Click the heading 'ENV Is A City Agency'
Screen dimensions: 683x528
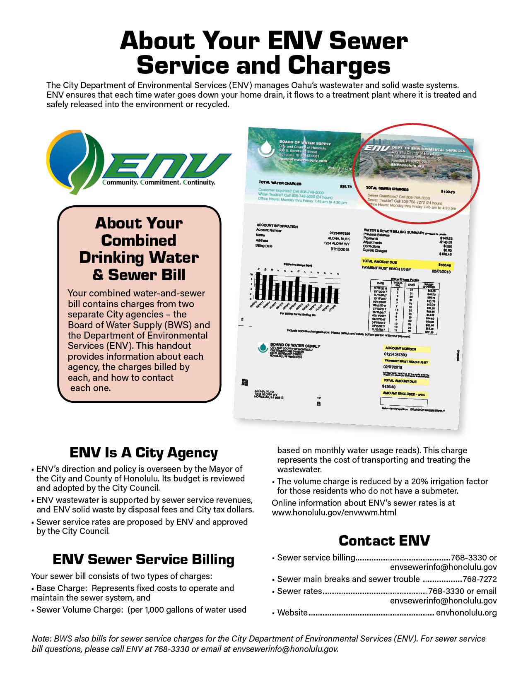pyautogui.click(x=143, y=452)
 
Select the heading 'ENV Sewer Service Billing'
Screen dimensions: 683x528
pyautogui.click(x=143, y=559)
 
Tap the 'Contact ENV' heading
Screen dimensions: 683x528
pyautogui.click(x=384, y=541)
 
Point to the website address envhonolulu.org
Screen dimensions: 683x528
pyautogui.click(x=466, y=613)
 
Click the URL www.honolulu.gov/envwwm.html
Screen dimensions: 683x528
pyautogui.click(x=334, y=512)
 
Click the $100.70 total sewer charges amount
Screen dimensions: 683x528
pyautogui.click(x=448, y=192)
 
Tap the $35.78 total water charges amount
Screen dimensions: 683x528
pyautogui.click(x=345, y=187)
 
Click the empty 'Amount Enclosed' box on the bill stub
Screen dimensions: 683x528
pyautogui.click(x=403, y=402)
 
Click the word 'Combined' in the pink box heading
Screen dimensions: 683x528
pyautogui.click(x=139, y=240)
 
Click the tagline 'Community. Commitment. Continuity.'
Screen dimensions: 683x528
pyautogui.click(x=159, y=183)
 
